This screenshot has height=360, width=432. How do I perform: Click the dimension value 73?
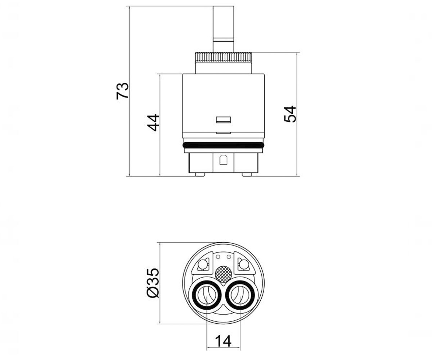point(122,91)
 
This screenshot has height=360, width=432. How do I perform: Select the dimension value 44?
point(153,123)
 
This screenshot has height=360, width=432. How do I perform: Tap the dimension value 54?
point(290,114)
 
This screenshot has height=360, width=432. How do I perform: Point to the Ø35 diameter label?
point(153,283)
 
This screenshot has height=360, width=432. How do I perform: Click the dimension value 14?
point(223,341)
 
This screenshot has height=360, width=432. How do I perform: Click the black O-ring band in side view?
point(224,145)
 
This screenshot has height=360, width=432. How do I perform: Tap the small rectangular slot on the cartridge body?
point(223,120)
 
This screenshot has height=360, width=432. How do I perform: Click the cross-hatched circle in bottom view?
point(223,274)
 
